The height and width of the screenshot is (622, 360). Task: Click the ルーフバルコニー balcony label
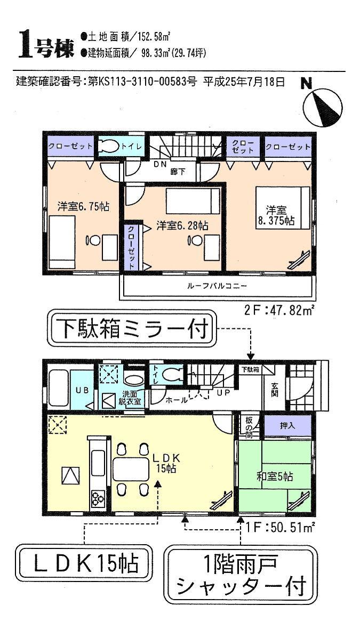point(217,286)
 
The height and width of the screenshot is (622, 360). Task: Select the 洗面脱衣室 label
point(130,398)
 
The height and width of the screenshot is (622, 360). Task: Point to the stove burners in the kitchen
point(98,499)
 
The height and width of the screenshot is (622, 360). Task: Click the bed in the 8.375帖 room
point(280,207)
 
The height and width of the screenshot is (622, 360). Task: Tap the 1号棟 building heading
point(47,45)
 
